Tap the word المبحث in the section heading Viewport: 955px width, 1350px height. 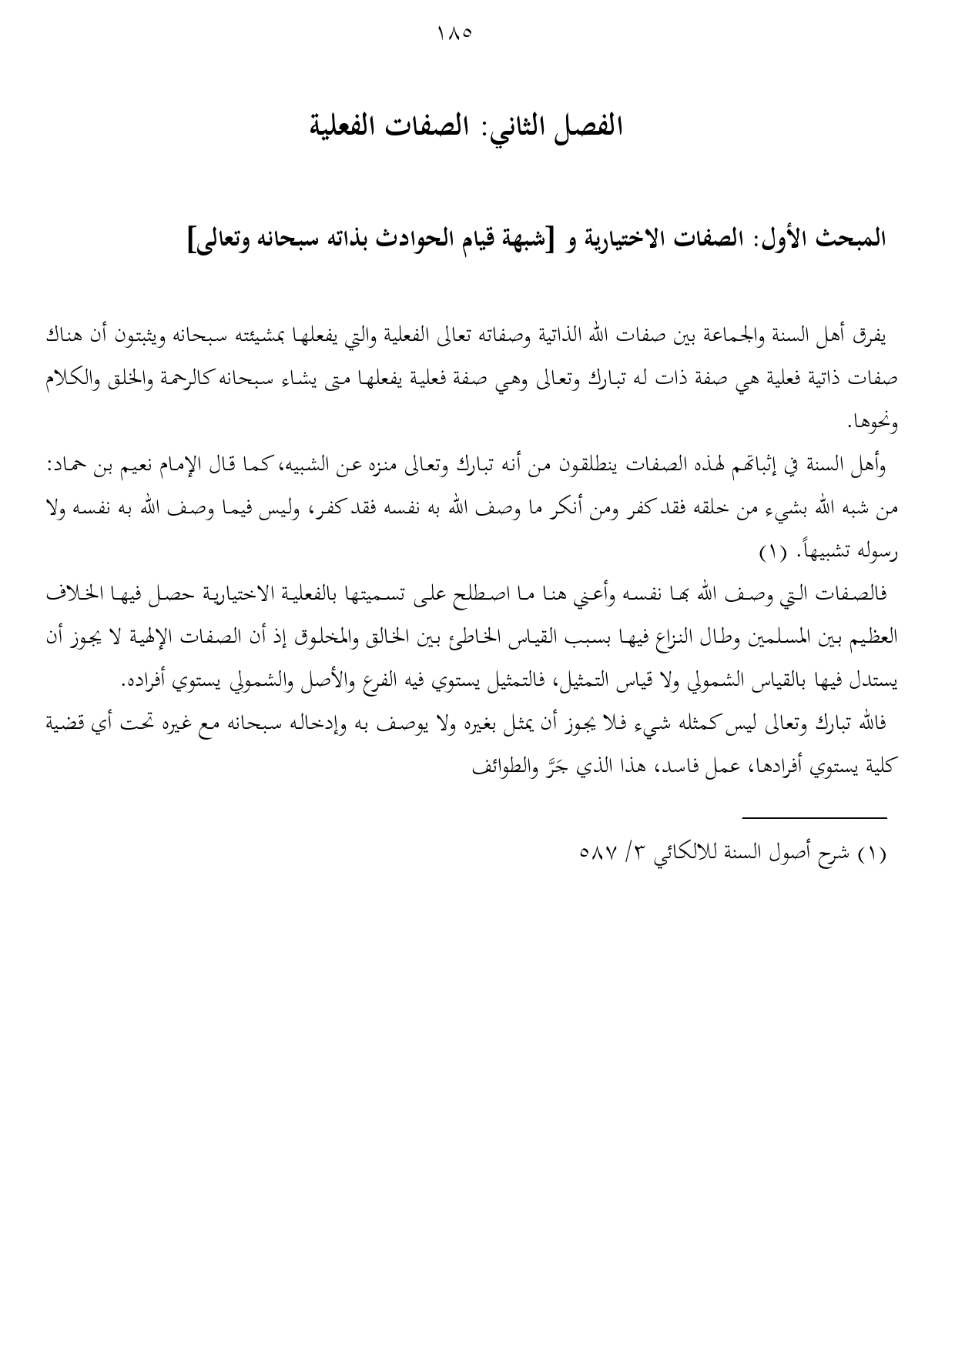853,238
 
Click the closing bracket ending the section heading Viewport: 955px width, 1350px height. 192,239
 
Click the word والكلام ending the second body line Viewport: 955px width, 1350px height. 65,379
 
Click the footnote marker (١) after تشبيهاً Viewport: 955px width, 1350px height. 770,553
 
